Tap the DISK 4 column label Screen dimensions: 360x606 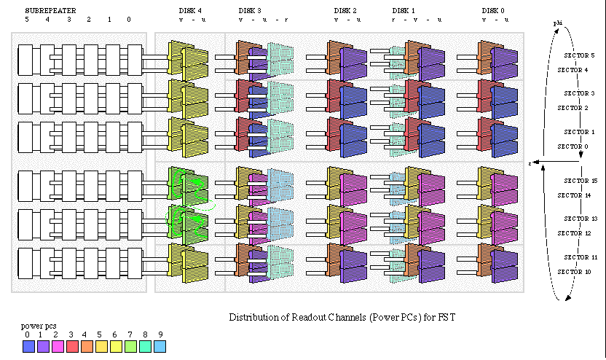[x=191, y=10]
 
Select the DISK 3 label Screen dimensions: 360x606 [x=250, y=10]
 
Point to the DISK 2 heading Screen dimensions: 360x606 [x=346, y=10]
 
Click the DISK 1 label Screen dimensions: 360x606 [x=404, y=10]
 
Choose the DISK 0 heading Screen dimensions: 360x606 [x=493, y=10]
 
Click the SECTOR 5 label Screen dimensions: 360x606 [x=580, y=55]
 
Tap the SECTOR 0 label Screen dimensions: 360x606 [x=572, y=146]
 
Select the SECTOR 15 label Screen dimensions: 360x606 [x=581, y=181]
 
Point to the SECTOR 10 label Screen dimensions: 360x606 [x=572, y=272]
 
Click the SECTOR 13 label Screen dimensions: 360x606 [x=581, y=219]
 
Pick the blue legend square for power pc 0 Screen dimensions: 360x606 [x=28, y=347]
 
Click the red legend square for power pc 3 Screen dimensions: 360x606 [x=71, y=347]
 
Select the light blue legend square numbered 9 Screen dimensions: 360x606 [x=160, y=347]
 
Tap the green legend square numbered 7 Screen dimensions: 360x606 [x=130, y=347]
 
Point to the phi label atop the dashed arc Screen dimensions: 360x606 [x=557, y=23]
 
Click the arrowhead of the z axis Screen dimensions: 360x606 [x=535, y=161]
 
